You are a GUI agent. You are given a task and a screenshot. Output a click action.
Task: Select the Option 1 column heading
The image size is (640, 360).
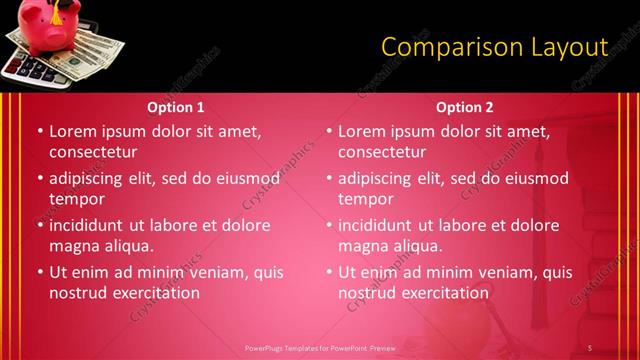pos(176,107)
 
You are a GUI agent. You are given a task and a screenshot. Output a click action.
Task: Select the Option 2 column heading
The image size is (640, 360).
pos(465,107)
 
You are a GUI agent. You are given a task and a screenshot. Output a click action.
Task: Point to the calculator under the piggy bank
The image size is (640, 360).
pos(30,68)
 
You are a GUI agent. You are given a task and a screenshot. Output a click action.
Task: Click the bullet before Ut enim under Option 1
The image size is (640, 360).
pos(39,272)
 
